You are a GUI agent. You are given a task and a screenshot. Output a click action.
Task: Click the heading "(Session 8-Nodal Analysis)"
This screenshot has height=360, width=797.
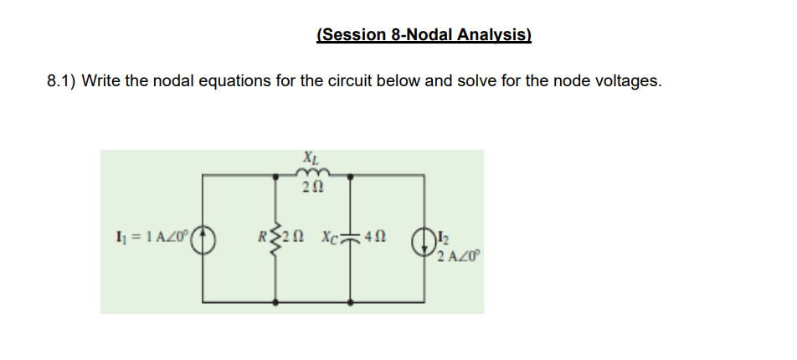(x=424, y=34)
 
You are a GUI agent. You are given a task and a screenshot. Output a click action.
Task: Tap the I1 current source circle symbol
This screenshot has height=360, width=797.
(x=206, y=239)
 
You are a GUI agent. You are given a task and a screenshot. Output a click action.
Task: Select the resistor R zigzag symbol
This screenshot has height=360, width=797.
(x=279, y=239)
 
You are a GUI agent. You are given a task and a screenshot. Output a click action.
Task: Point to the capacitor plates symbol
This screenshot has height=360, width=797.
(x=350, y=238)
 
